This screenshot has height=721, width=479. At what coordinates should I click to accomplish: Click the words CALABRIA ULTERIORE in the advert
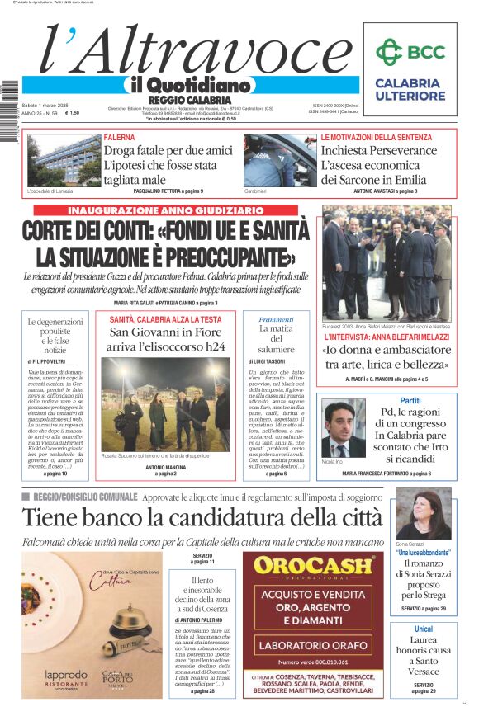[x=407, y=89]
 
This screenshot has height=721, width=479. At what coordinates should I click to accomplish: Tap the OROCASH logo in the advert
[x=312, y=566]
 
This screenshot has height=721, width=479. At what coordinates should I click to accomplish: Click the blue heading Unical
[x=424, y=629]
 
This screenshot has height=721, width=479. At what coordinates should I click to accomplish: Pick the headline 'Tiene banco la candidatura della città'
[x=202, y=518]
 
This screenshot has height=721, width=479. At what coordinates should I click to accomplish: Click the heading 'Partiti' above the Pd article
[x=410, y=400]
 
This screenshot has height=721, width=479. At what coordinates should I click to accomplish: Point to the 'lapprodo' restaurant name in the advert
[x=65, y=675]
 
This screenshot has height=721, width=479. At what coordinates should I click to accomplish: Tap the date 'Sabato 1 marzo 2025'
[x=46, y=105]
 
